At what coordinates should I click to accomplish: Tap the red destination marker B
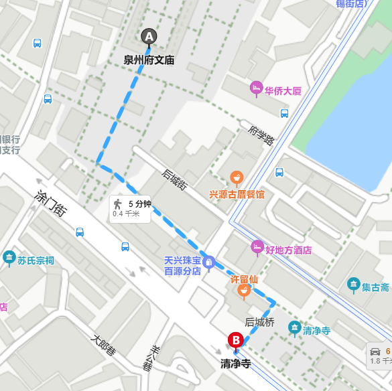tap(236, 341)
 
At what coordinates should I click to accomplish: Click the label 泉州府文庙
tap(149, 60)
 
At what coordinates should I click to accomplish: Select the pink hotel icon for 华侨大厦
tap(255, 88)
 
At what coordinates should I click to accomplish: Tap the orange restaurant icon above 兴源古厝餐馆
tap(236, 178)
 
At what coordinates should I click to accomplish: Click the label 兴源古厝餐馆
tap(237, 194)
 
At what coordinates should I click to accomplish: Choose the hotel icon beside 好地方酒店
tap(257, 247)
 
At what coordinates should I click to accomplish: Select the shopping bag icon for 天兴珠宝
tap(209, 261)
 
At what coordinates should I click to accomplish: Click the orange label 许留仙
tap(244, 279)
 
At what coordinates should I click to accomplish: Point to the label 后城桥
tap(260, 322)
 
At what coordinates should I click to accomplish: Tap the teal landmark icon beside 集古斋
tap(353, 285)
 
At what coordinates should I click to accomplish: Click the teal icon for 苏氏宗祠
tap(9, 257)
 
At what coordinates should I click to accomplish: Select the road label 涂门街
tap(50, 203)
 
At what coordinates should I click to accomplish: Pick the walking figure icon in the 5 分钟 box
tap(118, 204)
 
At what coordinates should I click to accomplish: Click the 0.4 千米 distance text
tap(126, 214)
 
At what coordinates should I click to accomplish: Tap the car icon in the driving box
tap(375, 351)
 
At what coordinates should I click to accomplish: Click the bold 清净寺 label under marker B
tap(236, 364)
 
